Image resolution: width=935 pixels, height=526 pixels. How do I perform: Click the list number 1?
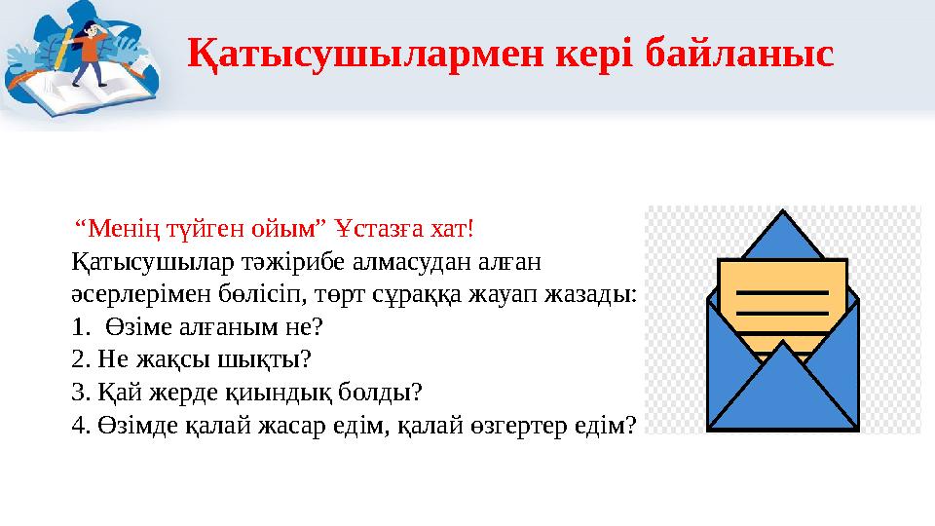pos(79,326)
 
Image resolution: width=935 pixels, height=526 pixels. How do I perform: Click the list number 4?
pos(79,424)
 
